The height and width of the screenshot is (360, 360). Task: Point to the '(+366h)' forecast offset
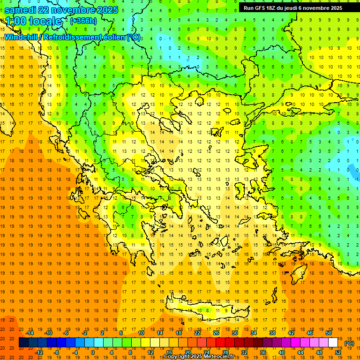point(83,21)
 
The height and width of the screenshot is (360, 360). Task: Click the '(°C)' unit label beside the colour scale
point(349,343)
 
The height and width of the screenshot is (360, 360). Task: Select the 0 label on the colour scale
point(92,352)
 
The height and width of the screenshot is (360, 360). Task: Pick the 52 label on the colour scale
point(338,352)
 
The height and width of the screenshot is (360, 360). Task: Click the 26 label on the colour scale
point(216,333)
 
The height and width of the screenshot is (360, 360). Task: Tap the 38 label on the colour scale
point(272,333)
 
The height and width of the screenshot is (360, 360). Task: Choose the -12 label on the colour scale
point(39,352)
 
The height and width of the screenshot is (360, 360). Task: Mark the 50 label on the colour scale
point(329,333)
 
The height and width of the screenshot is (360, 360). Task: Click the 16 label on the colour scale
point(169,352)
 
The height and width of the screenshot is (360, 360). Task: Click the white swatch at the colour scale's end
point(333,343)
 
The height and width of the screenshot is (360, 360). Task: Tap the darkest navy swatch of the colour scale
point(24,343)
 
